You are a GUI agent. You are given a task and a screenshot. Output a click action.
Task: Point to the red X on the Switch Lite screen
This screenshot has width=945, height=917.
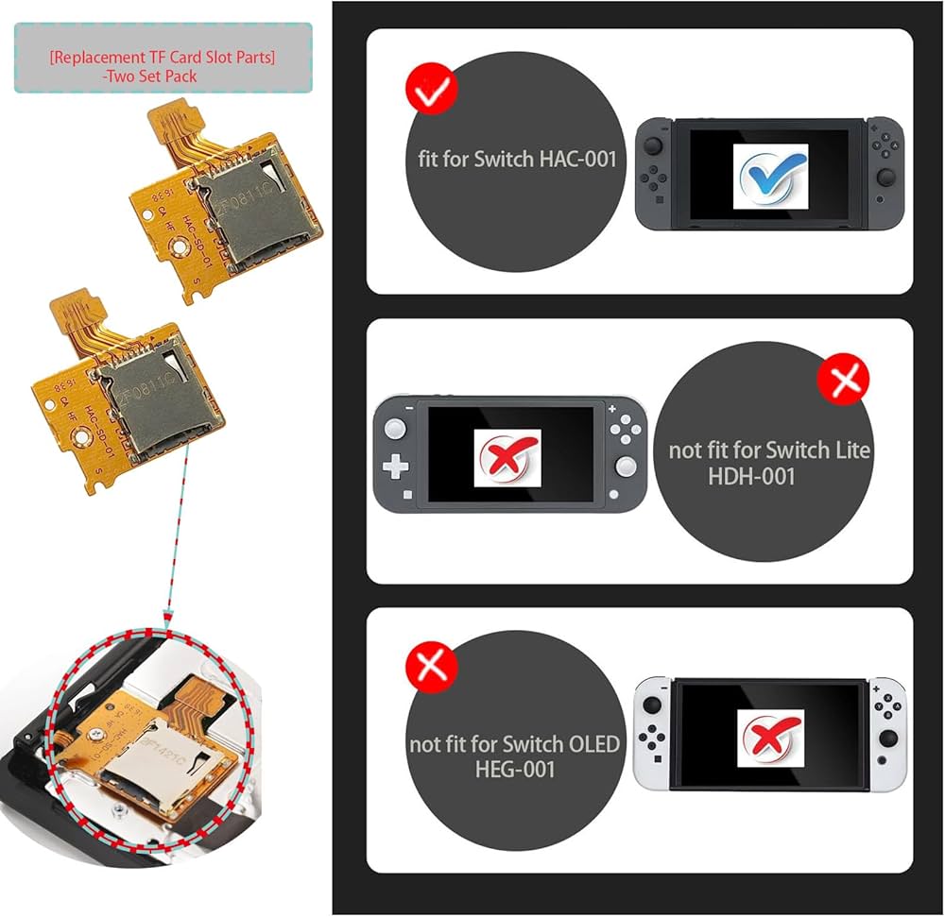[x=508, y=457]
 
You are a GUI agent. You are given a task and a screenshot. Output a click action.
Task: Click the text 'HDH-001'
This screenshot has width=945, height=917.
[x=751, y=476]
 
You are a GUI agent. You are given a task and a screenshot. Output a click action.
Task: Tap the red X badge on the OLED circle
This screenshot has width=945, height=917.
[x=431, y=665]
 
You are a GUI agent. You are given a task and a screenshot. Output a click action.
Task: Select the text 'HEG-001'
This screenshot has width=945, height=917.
[x=515, y=769]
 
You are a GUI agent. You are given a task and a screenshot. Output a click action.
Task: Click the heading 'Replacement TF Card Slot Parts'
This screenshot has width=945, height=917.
[x=163, y=57]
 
